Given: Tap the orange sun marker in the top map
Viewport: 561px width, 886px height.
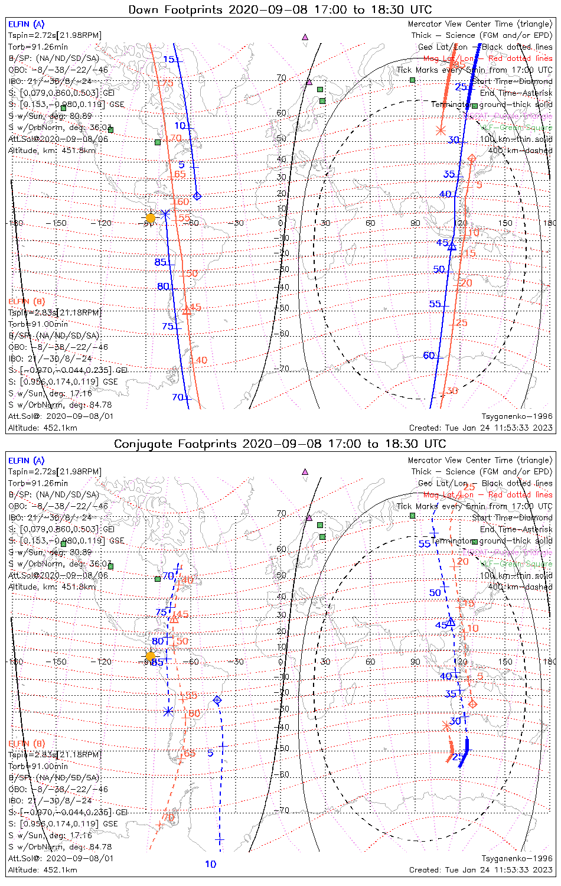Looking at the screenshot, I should [x=151, y=218].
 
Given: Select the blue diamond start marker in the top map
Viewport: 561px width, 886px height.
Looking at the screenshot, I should [x=197, y=196].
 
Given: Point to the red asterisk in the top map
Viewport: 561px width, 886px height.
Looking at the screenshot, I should [x=440, y=131].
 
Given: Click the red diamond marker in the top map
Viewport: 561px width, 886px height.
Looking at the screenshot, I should [x=472, y=158].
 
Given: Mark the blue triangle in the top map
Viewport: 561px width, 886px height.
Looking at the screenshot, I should [x=452, y=246].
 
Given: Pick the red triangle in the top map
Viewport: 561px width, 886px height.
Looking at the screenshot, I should [x=187, y=310].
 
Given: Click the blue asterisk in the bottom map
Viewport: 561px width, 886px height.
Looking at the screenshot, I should [x=169, y=712].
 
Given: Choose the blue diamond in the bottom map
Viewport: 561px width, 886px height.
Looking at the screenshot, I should [x=217, y=700].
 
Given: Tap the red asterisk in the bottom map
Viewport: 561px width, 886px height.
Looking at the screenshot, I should [x=446, y=725].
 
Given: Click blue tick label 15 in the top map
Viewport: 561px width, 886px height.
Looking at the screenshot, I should [x=169, y=59].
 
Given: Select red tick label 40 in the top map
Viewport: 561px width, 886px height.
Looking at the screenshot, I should [x=201, y=360].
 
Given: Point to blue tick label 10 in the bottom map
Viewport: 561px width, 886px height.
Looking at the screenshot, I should [x=210, y=864].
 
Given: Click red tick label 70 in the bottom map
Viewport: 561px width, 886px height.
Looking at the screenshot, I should [x=168, y=817].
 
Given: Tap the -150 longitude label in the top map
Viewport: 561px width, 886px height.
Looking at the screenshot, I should [x=59, y=223].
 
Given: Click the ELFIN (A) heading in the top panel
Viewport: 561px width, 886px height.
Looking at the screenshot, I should [x=26, y=24].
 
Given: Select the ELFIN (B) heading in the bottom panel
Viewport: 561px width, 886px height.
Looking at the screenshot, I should [x=26, y=743].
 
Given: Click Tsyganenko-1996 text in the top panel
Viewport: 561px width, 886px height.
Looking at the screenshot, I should [x=517, y=416].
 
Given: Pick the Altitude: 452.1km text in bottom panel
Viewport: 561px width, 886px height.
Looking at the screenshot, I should [x=43, y=869].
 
